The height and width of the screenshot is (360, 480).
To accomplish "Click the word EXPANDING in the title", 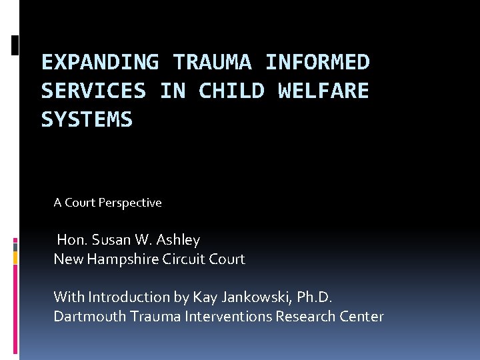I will point(100,62).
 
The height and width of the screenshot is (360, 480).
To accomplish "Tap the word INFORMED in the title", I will point(317,62).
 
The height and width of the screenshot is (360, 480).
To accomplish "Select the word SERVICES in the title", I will point(93,91).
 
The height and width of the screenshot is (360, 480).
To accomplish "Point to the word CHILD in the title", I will point(231,91).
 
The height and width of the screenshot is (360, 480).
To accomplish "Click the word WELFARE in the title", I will point(323,91).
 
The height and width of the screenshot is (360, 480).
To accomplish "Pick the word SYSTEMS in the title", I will point(87,119).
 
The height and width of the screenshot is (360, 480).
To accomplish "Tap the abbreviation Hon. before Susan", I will point(71,239).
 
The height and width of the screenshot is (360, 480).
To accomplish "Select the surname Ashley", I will point(178,239).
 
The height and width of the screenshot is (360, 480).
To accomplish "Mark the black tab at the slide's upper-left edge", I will point(15,45).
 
